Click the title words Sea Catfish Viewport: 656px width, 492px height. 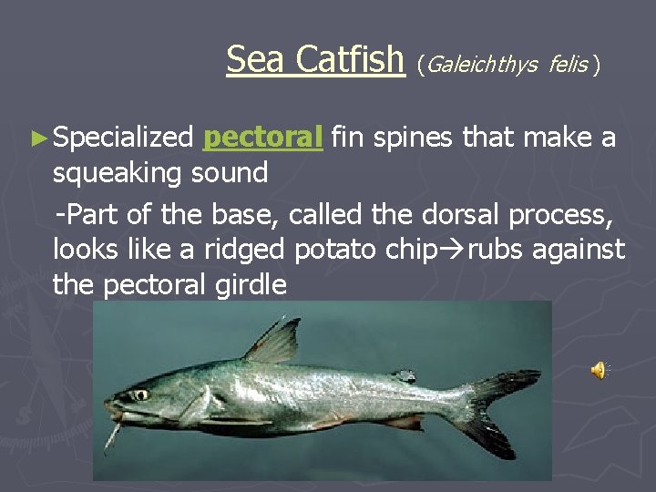pos(314,59)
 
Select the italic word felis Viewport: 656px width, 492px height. pos(569,64)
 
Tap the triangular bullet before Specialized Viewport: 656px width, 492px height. pos(37,138)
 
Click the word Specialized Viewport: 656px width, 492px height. pos(123,138)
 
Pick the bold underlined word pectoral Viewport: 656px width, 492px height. pos(263,138)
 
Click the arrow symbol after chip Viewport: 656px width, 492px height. pos(454,250)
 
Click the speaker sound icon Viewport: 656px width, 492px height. pos(599,369)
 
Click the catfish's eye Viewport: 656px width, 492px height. pos(140,395)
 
